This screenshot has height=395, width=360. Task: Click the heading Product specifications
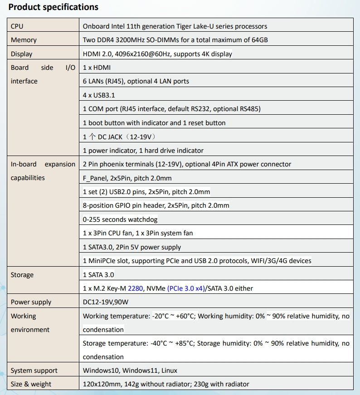tap(54, 7)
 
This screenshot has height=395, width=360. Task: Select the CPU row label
tap(17, 26)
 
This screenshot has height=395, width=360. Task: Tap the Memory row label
tap(24, 40)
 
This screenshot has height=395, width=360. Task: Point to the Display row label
tap(22, 54)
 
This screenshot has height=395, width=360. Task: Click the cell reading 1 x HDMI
tap(97, 68)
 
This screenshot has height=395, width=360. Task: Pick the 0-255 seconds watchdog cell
tap(120, 219)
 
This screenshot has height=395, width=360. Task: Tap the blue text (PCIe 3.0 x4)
tap(186, 288)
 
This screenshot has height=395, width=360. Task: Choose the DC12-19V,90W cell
tap(109, 302)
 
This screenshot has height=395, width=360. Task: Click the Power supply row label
tap(31, 302)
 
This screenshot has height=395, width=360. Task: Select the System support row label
tap(34, 371)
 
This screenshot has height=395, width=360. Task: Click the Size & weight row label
tap(31, 384)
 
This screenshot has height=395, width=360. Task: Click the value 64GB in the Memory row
tap(259, 40)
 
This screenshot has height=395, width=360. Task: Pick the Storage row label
tap(22, 275)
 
